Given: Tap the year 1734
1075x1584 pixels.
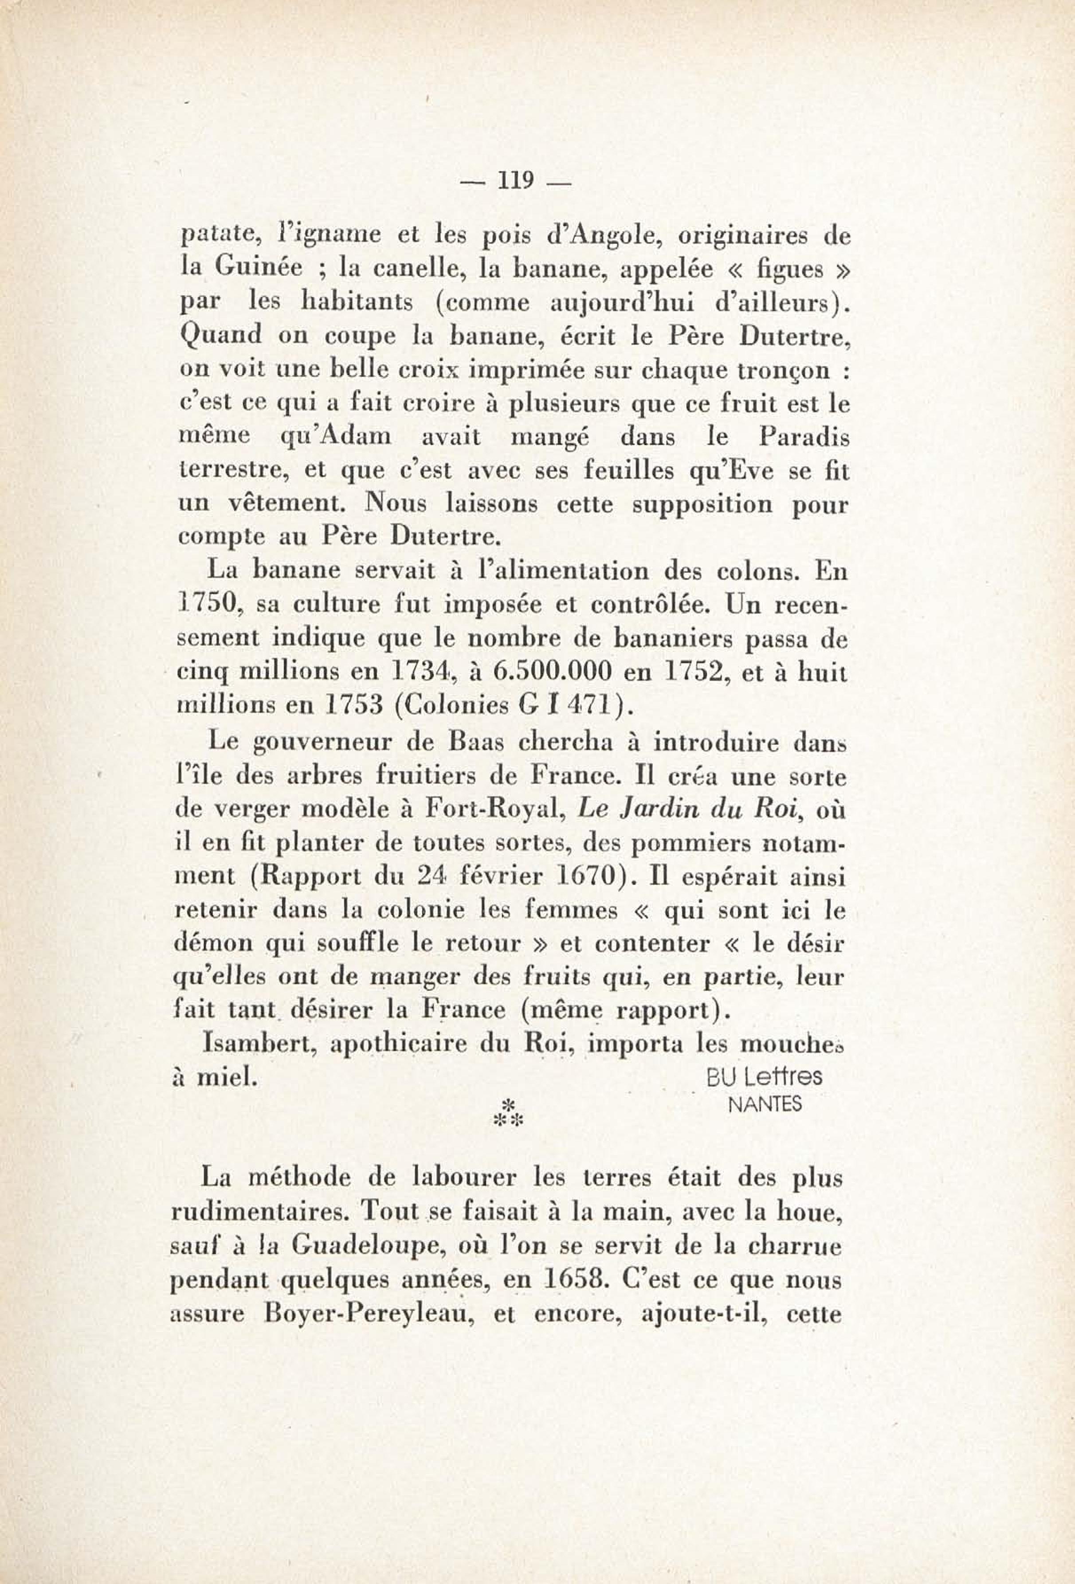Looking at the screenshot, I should [420, 671].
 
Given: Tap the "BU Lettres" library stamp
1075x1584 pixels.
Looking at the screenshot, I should [764, 1077].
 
